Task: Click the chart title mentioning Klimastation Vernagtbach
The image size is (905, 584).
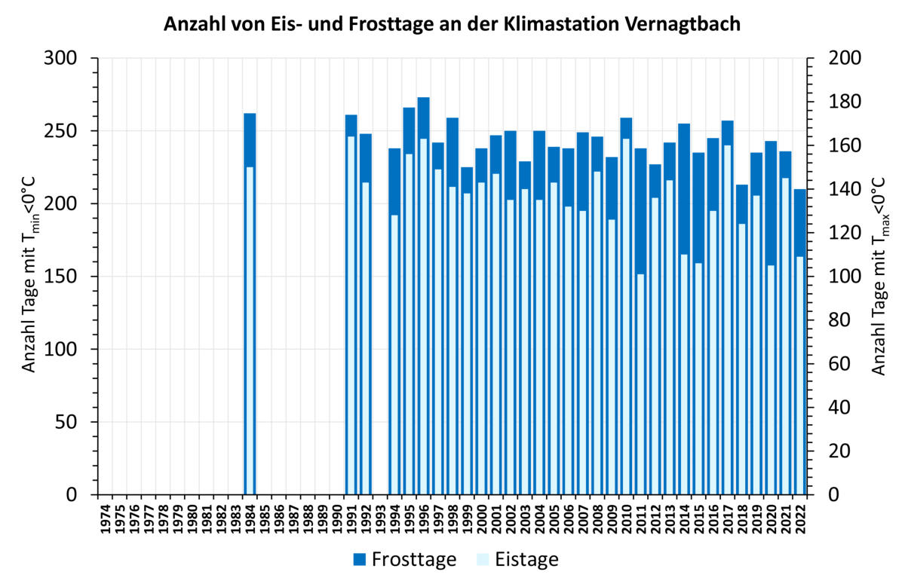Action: (x=452, y=24)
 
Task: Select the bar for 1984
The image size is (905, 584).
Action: (x=250, y=301)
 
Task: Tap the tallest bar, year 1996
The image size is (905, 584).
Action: (x=424, y=301)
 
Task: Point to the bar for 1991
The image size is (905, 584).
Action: (x=351, y=301)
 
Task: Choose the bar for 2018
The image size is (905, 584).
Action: (x=742, y=339)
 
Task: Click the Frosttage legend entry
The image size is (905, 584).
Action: (x=405, y=559)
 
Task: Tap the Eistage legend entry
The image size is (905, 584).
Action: (x=517, y=559)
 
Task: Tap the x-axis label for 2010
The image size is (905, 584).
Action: (x=627, y=520)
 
